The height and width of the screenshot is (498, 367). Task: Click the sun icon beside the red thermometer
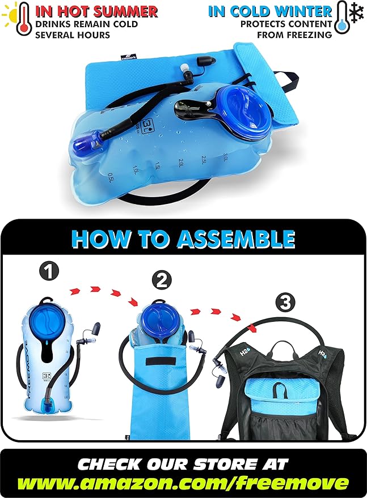pyautogui.click(x=9, y=12)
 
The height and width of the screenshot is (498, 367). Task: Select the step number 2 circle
pyautogui.click(x=162, y=280)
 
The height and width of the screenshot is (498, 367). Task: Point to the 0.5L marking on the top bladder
pyautogui.click(x=115, y=176)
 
